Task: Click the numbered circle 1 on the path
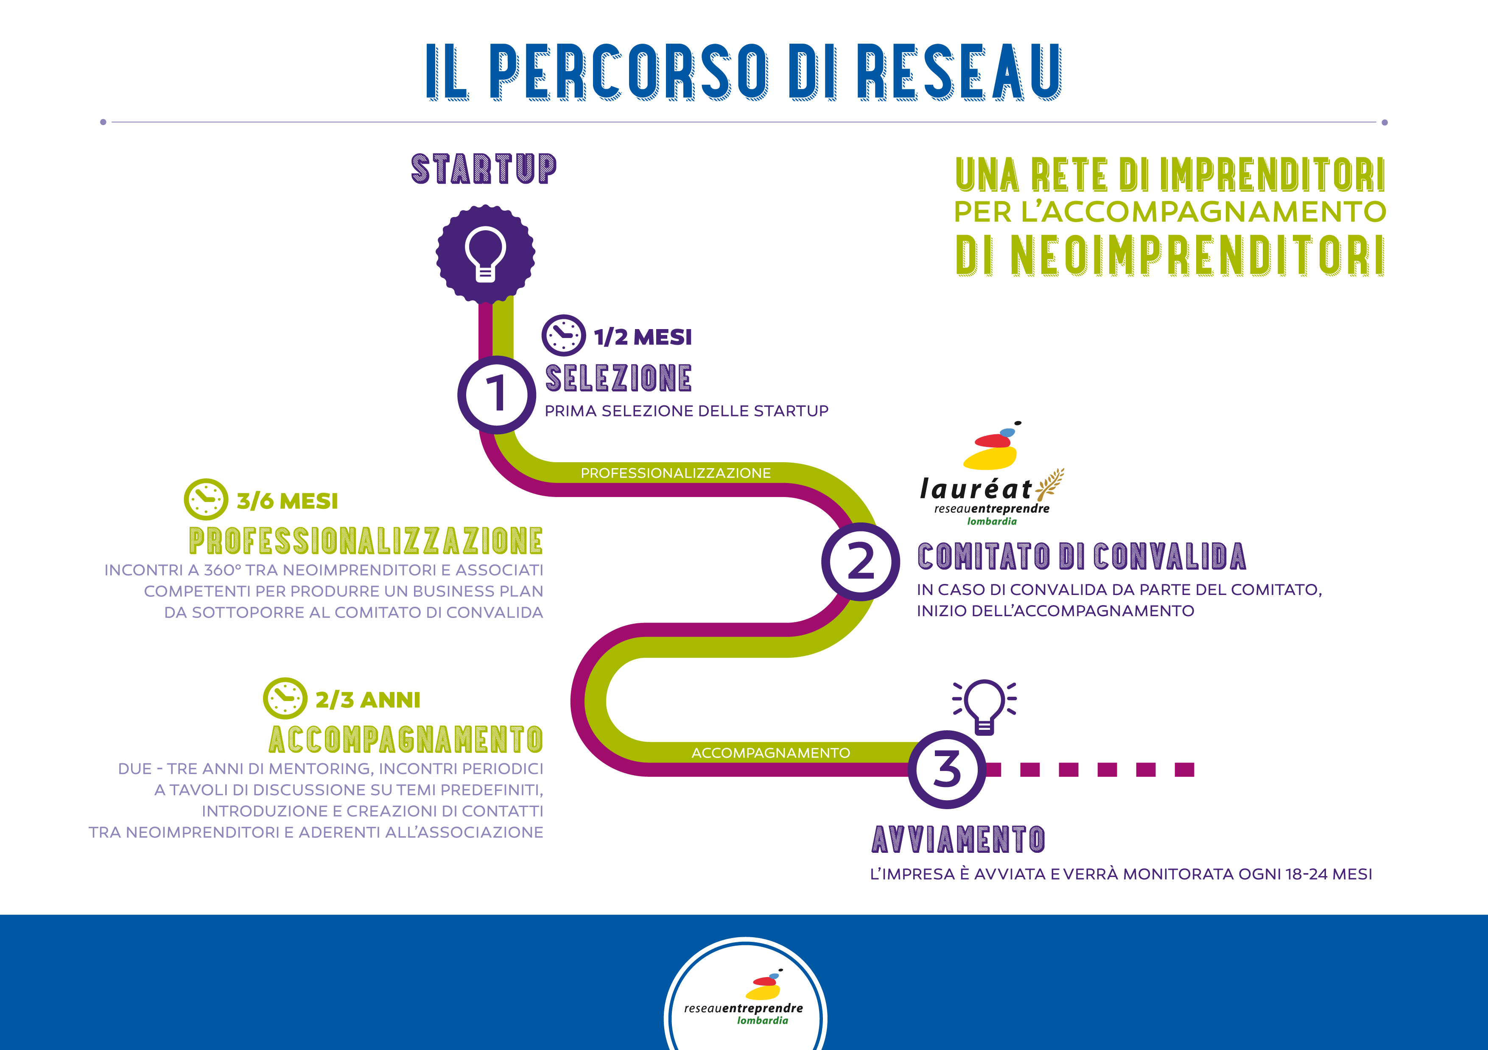tap(496, 394)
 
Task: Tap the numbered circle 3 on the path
tap(946, 770)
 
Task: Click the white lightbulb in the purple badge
tap(485, 254)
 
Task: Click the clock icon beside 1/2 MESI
tap(563, 335)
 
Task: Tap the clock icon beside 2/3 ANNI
tap(285, 698)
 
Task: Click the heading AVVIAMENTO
tap(958, 840)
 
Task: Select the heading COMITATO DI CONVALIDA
tap(1081, 557)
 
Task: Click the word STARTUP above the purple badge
tap(484, 170)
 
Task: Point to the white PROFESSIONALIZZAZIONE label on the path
tap(675, 473)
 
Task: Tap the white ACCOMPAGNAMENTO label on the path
tap(771, 753)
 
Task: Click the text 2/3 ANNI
tap(367, 700)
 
